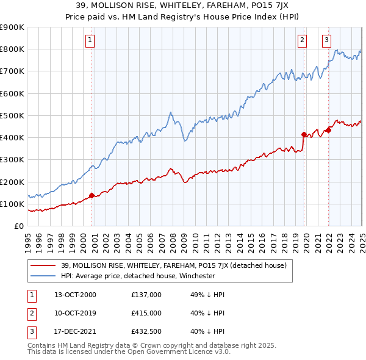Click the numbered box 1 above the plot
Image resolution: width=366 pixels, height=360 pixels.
tap(90, 40)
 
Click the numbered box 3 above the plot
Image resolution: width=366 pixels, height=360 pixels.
tap(326, 40)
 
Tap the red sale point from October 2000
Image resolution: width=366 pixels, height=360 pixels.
tap(92, 196)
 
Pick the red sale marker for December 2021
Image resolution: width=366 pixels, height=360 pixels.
tap(328, 130)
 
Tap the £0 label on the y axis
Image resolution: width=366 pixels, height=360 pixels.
tap(18, 226)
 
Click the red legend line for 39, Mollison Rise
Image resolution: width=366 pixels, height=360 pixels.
tap(44, 265)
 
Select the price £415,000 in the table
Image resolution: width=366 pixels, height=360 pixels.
tap(146, 313)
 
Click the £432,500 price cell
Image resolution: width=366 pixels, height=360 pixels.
tap(146, 332)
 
